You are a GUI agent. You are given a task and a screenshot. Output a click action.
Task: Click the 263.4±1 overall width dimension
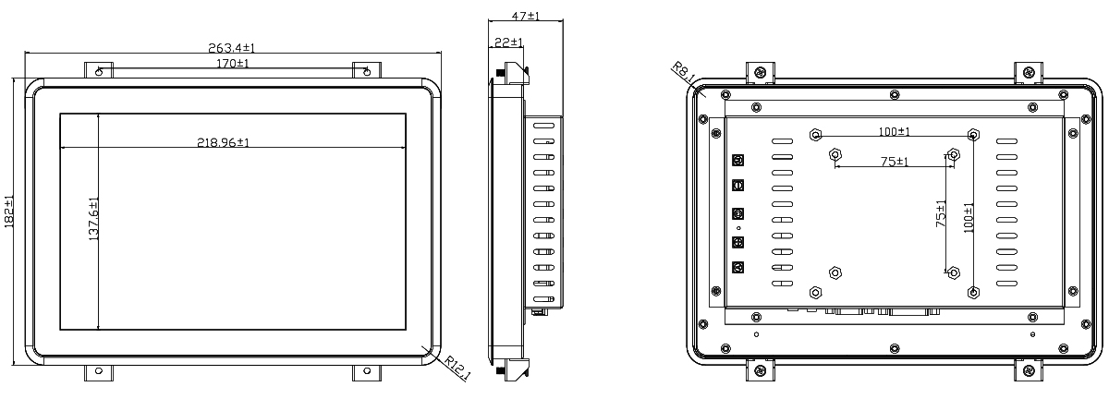[x=232, y=48]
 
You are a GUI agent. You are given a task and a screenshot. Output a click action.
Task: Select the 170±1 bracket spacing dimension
[x=233, y=64]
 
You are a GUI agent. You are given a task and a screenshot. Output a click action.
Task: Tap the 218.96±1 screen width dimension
[x=224, y=142]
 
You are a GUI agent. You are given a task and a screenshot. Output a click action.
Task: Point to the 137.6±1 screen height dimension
[x=93, y=219]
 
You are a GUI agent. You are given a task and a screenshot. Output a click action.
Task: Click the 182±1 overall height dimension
[x=9, y=212]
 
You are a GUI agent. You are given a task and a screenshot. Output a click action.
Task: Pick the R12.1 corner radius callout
[x=457, y=368]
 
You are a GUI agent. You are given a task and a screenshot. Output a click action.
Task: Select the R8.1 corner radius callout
[x=684, y=72]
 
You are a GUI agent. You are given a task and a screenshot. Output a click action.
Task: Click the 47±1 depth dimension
[x=526, y=16]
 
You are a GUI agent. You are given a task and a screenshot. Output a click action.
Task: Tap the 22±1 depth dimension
[x=508, y=42]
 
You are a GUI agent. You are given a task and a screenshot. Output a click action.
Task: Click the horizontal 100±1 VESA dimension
[x=895, y=131]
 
